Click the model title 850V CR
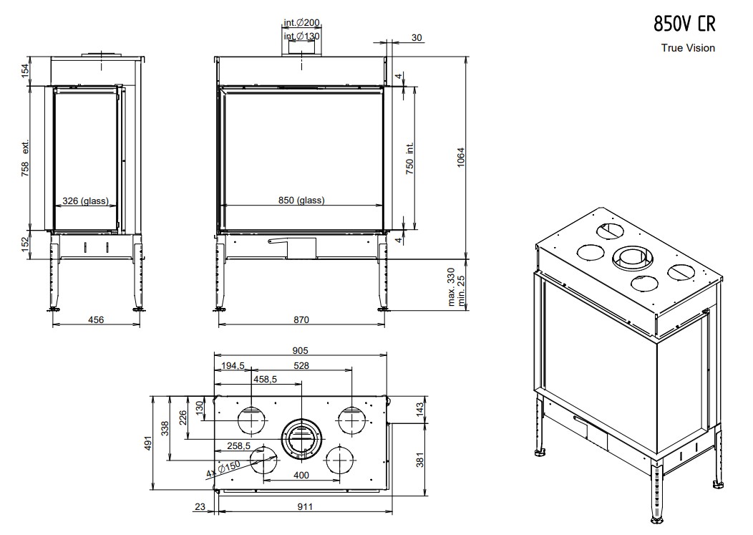684,24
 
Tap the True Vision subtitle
688,47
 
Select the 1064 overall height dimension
460,157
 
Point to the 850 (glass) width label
301,200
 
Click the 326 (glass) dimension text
85,201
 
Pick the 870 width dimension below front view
301,319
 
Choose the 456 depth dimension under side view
96,319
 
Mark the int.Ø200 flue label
301,23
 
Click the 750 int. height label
409,158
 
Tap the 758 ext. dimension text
25,158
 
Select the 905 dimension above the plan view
300,351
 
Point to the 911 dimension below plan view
305,506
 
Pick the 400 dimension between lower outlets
301,476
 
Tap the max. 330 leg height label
451,287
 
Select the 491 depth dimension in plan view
148,443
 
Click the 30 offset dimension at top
417,37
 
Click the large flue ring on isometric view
633,258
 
